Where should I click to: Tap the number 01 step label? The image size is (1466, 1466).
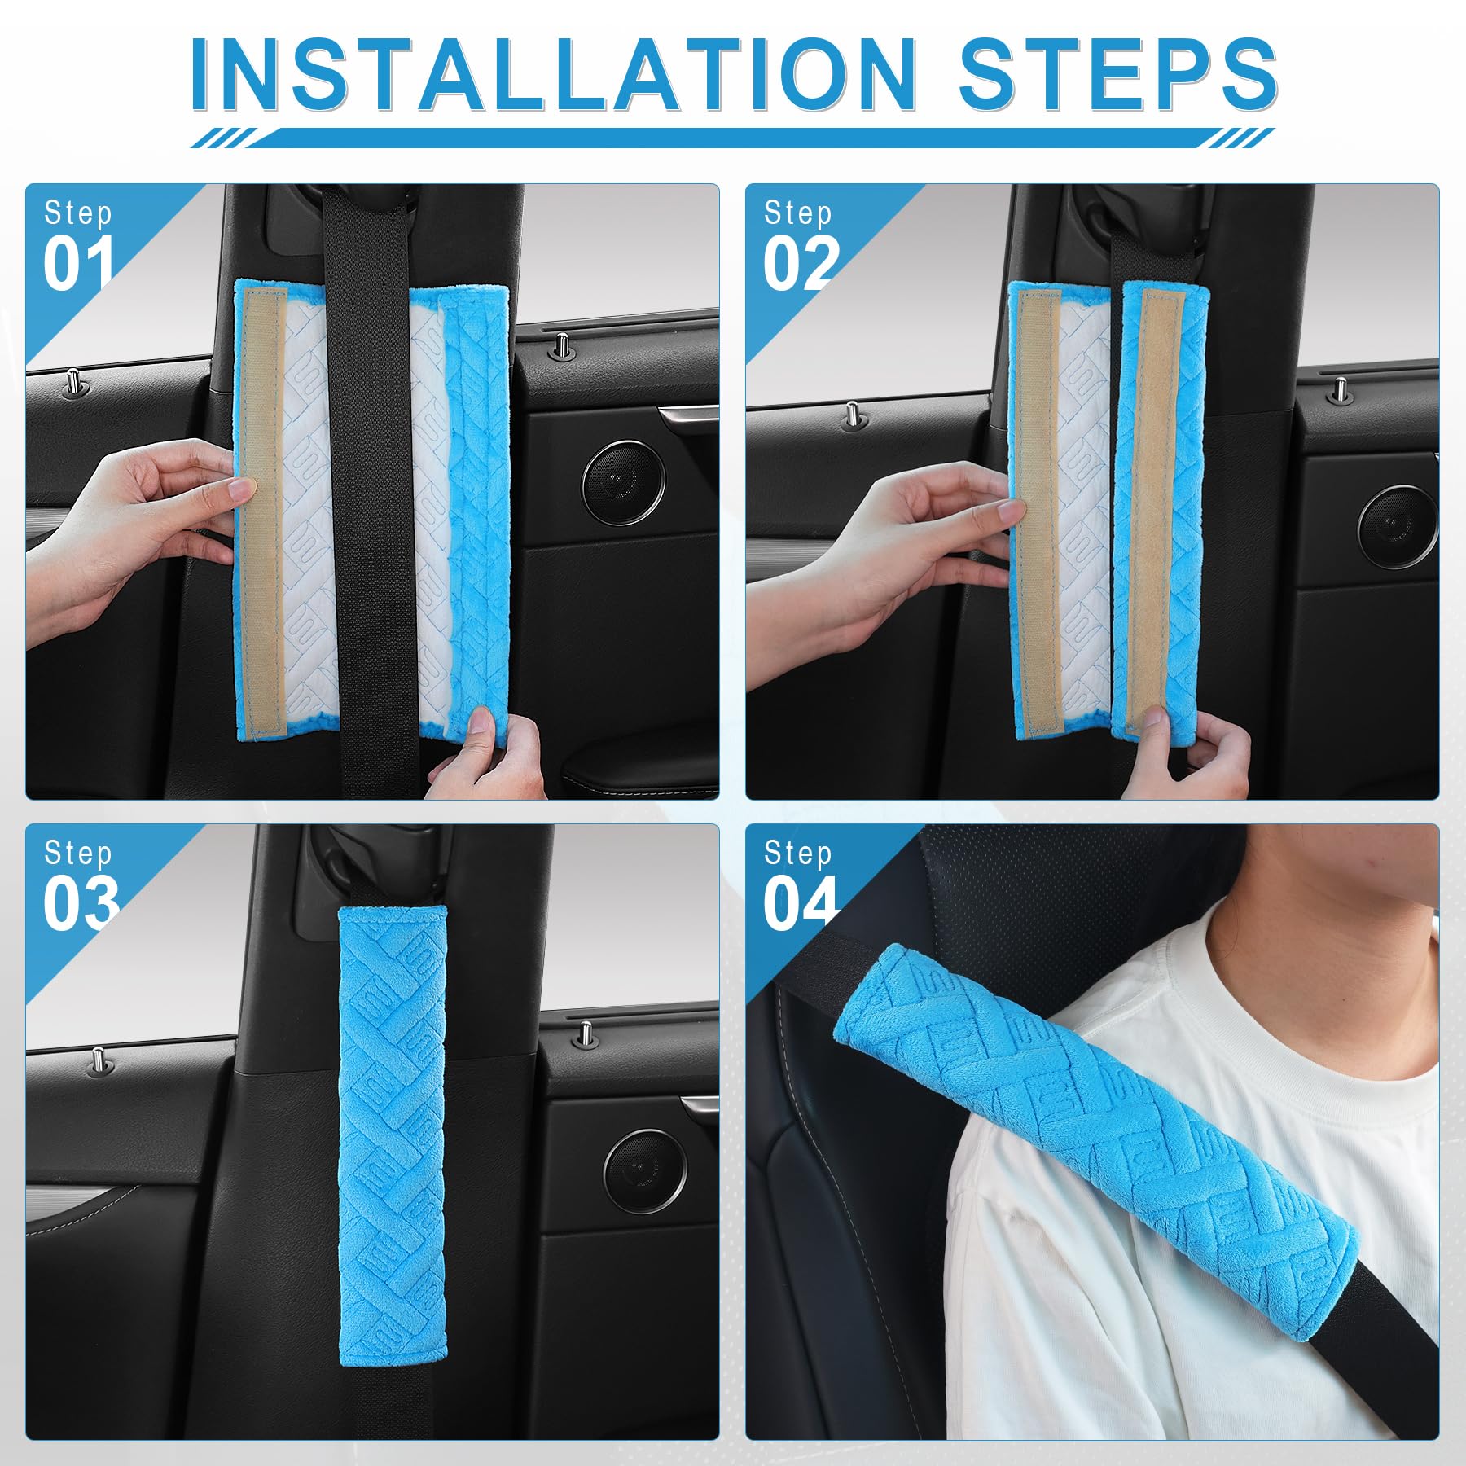[78, 264]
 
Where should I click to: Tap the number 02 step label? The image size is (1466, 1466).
[800, 264]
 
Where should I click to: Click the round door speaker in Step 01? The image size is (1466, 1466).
[622, 481]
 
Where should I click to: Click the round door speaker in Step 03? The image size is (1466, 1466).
[644, 1171]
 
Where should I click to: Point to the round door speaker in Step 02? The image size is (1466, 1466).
[1396, 525]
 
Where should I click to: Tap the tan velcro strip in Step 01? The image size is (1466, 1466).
[260, 505]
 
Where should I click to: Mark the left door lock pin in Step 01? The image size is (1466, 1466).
[73, 379]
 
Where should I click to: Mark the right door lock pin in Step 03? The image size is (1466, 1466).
[584, 1034]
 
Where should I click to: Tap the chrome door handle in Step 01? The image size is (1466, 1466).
[688, 416]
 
